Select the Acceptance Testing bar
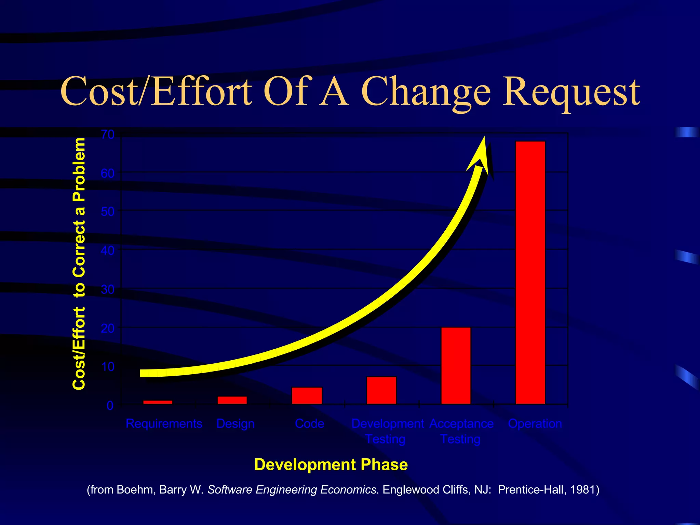[x=456, y=366]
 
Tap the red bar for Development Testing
[x=381, y=390]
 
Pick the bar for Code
[x=307, y=395]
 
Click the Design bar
[x=232, y=400]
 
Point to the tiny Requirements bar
[x=158, y=402]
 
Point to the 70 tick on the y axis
[x=108, y=135]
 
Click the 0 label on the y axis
[x=110, y=406]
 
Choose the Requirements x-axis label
[x=164, y=424]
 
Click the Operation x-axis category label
[x=535, y=424]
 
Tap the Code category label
[x=310, y=424]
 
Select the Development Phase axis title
[x=331, y=465]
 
